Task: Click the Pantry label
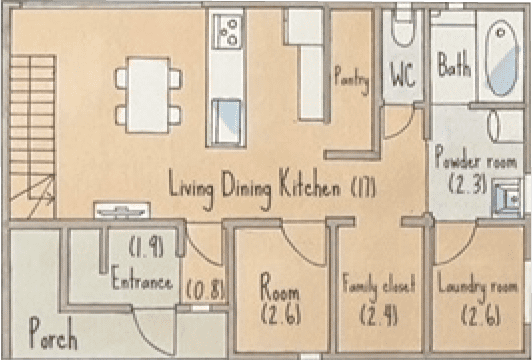[352, 80]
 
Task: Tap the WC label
[403, 74]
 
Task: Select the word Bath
[454, 64]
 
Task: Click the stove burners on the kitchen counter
[227, 32]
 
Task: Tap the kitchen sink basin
[227, 121]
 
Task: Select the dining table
[149, 95]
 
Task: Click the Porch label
[53, 334]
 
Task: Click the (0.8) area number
[206, 291]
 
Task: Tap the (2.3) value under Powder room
[468, 185]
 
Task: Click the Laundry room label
[478, 286]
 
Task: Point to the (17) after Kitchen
[364, 188]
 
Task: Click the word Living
[191, 189]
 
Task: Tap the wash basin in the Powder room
[507, 198]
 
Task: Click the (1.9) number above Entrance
[147, 247]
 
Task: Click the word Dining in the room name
[246, 189]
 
